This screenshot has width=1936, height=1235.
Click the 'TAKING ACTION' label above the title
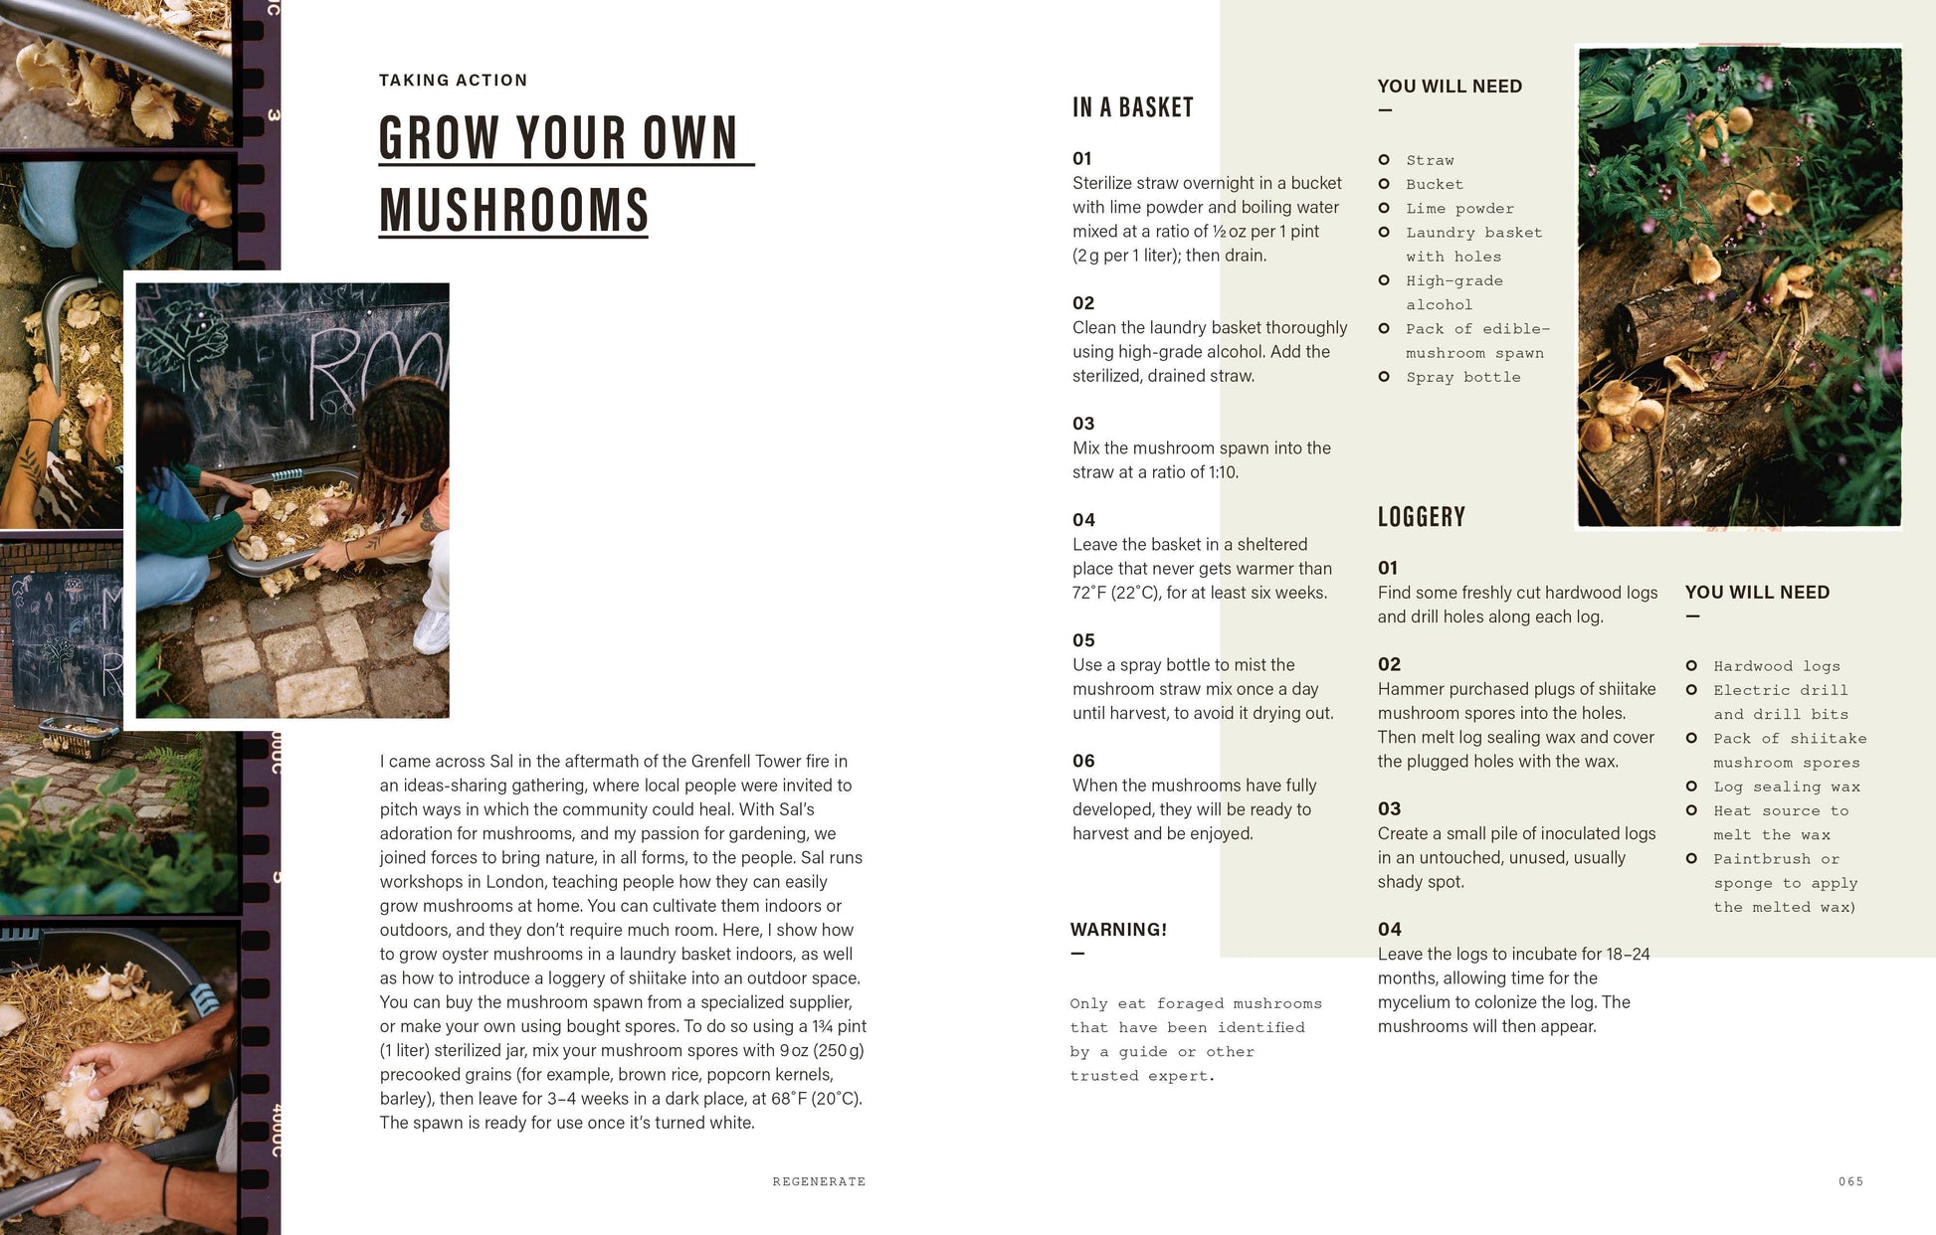(453, 81)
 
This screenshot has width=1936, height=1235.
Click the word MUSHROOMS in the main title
(513, 211)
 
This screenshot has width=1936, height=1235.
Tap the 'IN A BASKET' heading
(1132, 107)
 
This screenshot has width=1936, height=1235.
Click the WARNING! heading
(1118, 930)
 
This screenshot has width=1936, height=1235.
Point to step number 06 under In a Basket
(1083, 761)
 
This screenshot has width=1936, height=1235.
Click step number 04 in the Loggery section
(1389, 929)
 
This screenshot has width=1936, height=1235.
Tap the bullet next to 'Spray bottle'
(1384, 377)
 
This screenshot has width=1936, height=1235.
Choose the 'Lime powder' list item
(1459, 209)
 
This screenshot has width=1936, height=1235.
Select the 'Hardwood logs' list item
(1776, 666)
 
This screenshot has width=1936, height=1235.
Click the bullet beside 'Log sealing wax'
(1691, 787)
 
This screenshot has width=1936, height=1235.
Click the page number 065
(1850, 1181)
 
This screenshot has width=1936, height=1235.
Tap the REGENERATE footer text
(819, 1181)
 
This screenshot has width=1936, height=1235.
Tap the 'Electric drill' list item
(1780, 690)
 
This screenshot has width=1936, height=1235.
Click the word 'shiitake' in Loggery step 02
(1625, 689)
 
